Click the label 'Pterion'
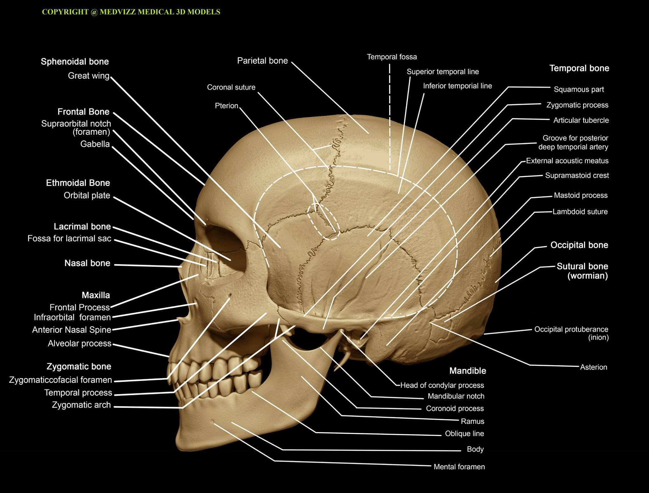tap(227, 106)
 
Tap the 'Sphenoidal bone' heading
tap(75, 62)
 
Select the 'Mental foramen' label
tap(459, 467)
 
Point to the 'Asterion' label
tap(594, 367)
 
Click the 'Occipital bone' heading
tap(579, 245)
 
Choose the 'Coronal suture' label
tap(231, 87)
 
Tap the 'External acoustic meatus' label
tap(567, 161)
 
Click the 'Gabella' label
tap(95, 144)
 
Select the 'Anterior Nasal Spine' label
tap(72, 330)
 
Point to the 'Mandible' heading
tap(468, 371)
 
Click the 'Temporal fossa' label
tap(392, 57)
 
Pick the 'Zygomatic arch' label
tap(81, 405)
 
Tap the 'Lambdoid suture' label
tap(580, 212)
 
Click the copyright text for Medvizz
tap(131, 12)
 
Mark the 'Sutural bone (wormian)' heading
tap(582, 271)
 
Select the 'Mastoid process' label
tap(581, 195)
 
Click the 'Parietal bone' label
tap(262, 61)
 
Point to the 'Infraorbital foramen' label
tap(72, 317)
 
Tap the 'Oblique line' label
tap(465, 434)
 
